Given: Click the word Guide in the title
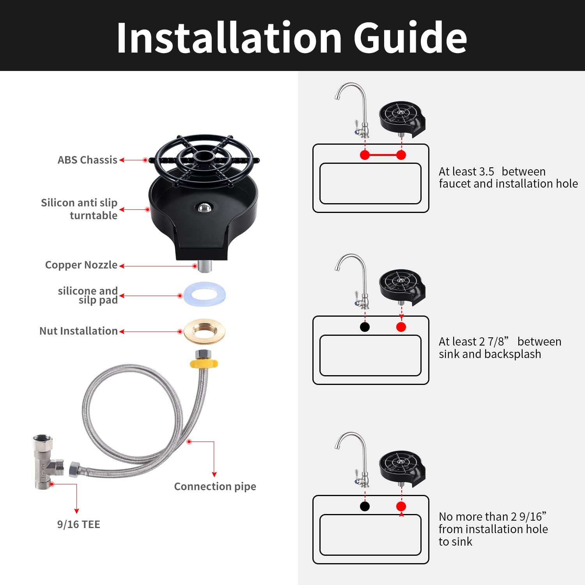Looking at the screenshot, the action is pos(410,38).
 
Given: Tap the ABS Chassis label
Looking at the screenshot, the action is pos(87,160).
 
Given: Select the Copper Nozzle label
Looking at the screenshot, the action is pos(81,265).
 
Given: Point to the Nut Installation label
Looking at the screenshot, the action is pos(78,331).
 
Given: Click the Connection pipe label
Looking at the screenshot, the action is pos(215,486).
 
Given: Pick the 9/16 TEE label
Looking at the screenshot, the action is pos(79,524).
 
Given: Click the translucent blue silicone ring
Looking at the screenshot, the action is pos(204,294).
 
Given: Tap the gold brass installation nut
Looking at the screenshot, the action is pos(204,331).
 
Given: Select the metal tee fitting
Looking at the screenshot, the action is pos(48,462).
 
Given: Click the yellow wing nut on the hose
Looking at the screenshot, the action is pos(204,363).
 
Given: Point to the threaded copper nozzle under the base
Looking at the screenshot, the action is pos(204,266).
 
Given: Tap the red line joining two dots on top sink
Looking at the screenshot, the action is pos(383,155).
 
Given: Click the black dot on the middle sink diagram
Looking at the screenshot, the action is pos(365,327).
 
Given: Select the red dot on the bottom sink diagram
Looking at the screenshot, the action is pos(401,506).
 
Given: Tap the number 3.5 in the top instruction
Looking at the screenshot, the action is pos(486,171).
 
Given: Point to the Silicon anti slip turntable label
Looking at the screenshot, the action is pos(79,209).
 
